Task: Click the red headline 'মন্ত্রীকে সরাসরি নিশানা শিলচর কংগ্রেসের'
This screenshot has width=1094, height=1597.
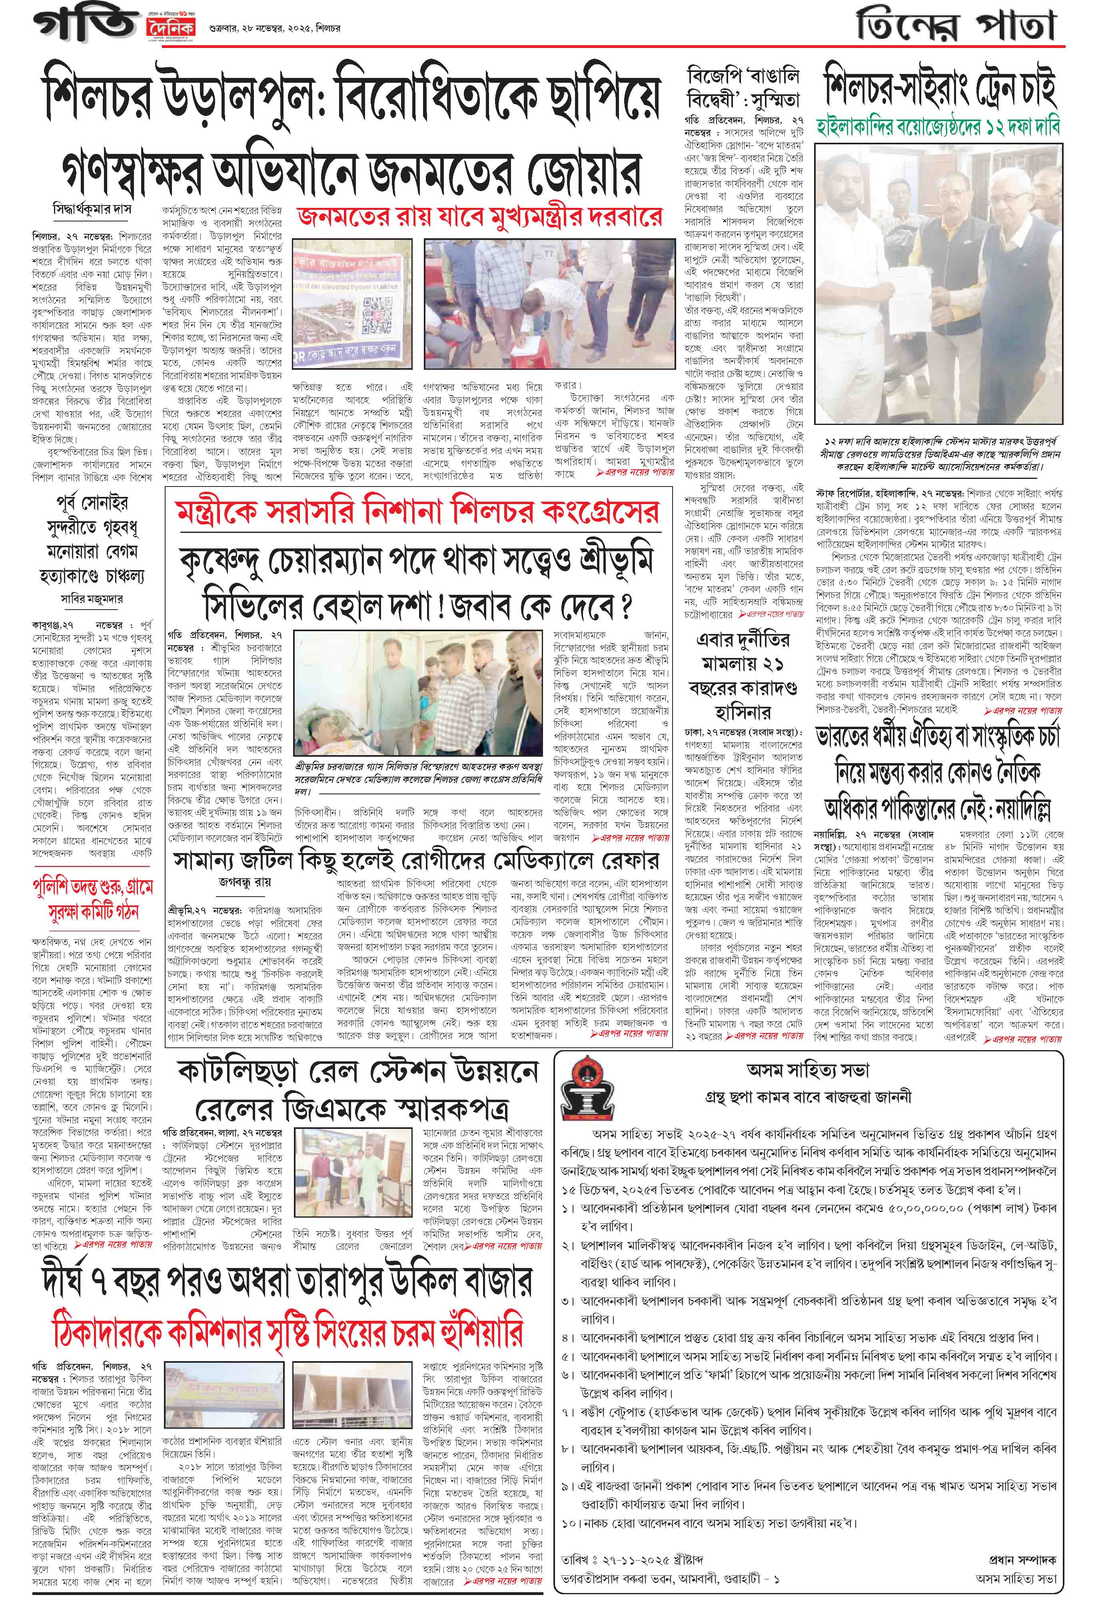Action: click(416, 510)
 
